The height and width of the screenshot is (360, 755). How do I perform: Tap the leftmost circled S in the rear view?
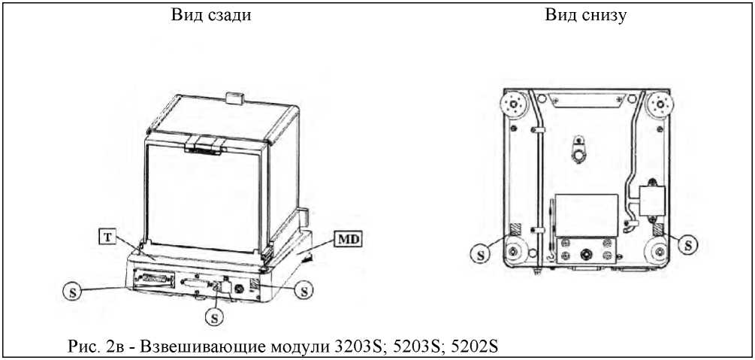[x=70, y=290]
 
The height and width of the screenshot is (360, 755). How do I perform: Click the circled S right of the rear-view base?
[x=304, y=288]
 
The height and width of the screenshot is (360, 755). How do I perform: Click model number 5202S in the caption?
[x=471, y=346]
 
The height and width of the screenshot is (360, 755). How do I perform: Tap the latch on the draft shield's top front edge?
[x=204, y=142]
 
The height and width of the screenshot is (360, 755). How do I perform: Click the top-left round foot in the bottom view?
[x=514, y=104]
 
